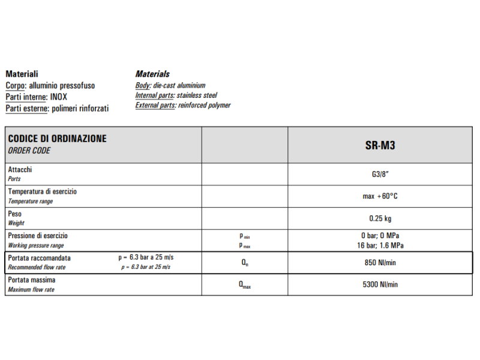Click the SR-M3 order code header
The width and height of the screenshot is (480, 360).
380,145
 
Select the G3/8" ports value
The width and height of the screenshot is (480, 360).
380,174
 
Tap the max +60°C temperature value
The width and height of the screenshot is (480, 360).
380,196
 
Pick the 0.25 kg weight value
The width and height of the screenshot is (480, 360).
380,218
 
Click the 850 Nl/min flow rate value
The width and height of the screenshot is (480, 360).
380,262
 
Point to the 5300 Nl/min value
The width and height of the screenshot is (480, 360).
380,284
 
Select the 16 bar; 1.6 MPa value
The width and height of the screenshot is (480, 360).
380,245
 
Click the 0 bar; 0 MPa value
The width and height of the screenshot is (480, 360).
380,236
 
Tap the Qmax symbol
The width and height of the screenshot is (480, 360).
245,285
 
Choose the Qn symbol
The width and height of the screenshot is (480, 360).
245,263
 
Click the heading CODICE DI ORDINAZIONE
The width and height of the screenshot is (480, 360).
58,139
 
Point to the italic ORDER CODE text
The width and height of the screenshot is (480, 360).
29,151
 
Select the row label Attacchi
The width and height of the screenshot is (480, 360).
20,170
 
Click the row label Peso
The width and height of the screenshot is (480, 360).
14,214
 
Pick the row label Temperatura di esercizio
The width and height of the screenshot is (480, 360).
42,191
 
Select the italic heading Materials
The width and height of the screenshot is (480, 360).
152,74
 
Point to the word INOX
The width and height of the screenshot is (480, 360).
59,97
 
